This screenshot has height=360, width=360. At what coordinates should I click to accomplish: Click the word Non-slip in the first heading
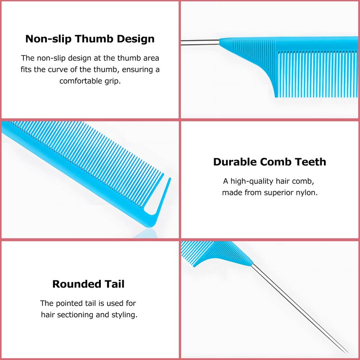click(x=48, y=39)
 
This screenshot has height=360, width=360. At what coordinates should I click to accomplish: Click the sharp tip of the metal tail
click(x=348, y=353)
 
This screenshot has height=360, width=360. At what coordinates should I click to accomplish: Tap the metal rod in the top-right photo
click(x=200, y=42)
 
